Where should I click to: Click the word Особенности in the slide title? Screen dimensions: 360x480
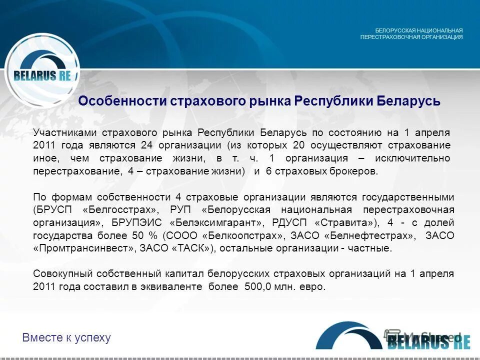pyautogui.click(x=122, y=101)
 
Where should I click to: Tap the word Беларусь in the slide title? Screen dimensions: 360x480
pyautogui.click(x=408, y=101)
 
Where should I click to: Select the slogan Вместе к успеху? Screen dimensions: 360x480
pyautogui.click(x=66, y=337)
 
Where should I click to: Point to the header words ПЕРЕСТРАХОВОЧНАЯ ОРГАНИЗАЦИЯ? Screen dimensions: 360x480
pyautogui.click(x=411, y=37)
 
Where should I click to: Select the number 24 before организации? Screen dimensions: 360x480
pyautogui.click(x=146, y=145)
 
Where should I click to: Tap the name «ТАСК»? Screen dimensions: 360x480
pyautogui.click(x=193, y=248)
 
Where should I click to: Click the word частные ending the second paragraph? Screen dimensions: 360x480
pyautogui.click(x=373, y=248)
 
